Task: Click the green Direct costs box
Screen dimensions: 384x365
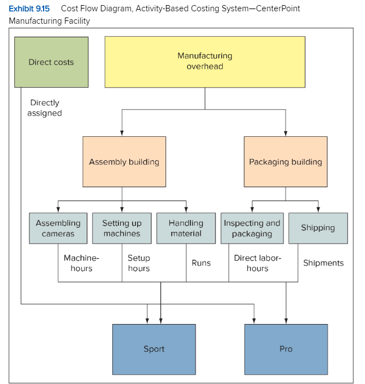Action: [x=51, y=62]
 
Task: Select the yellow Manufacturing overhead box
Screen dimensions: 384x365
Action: [x=205, y=62]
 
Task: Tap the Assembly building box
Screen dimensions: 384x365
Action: [x=124, y=162]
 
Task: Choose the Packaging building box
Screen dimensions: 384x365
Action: [x=285, y=162]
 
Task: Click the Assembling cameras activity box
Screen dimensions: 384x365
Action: [x=58, y=228]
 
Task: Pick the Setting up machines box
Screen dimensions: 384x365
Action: [x=122, y=228]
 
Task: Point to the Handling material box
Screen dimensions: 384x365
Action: [x=186, y=228]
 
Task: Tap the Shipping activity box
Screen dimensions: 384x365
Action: [x=318, y=228]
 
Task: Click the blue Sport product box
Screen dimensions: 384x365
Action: [x=154, y=349]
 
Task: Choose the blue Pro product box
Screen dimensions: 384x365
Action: [x=286, y=349]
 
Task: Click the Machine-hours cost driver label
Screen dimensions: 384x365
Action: [x=81, y=263]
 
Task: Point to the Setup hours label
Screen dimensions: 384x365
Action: [x=139, y=263]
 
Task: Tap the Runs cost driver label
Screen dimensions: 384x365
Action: [x=201, y=263]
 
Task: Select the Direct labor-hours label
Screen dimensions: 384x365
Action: [x=257, y=263]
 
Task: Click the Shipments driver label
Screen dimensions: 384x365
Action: [x=323, y=263]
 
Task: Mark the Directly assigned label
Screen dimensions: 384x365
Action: [x=45, y=108]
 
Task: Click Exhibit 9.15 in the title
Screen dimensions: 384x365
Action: [x=29, y=8]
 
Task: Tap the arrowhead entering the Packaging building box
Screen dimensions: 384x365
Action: [x=285, y=133]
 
